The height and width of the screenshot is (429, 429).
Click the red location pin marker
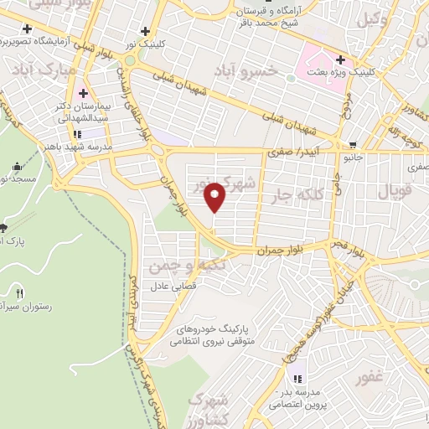[215, 196]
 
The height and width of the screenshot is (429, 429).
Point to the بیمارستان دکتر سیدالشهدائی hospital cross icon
[84, 92]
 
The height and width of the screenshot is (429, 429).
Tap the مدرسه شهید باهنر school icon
[77, 133]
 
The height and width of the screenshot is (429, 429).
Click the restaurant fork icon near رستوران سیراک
[19, 292]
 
